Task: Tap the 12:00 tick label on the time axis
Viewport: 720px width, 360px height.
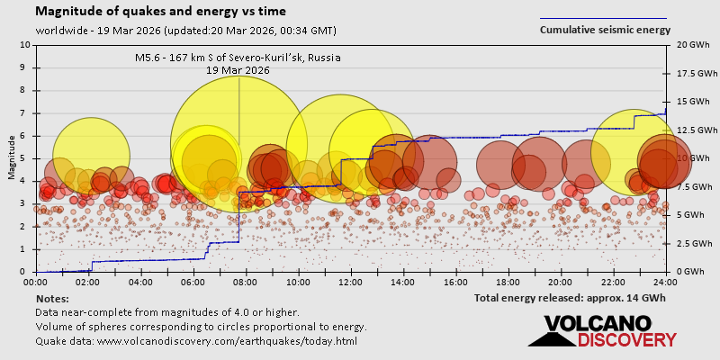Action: tap(351, 282)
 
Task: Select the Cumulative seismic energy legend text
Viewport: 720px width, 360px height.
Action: tap(605, 30)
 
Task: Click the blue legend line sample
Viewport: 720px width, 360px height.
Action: tap(603, 18)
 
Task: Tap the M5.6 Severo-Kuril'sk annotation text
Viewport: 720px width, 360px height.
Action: tap(238, 58)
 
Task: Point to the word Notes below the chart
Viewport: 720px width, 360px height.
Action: tap(52, 298)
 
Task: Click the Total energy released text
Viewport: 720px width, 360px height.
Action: tap(571, 297)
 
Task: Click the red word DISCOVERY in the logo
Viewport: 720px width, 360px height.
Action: tap(626, 339)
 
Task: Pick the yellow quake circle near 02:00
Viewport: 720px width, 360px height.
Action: tap(90, 155)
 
